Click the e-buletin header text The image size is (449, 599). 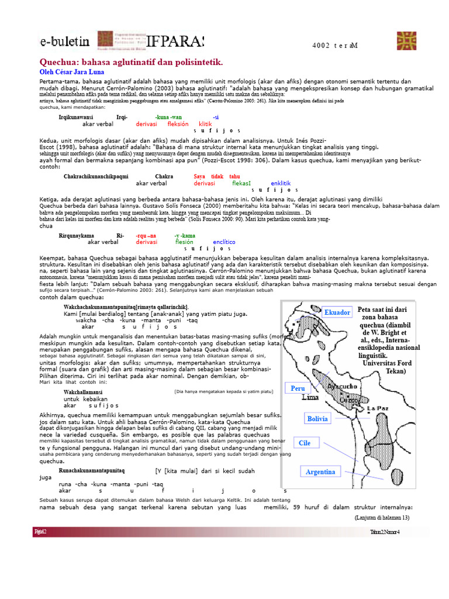(x=64, y=42)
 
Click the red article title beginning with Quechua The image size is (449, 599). (x=131, y=62)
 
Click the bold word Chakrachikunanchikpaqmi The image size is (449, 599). (x=96, y=176)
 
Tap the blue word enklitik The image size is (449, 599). (x=281, y=183)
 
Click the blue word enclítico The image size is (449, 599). (x=224, y=242)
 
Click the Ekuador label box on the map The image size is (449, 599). (x=337, y=312)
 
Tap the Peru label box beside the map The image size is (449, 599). (x=314, y=388)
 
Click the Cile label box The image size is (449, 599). (x=305, y=443)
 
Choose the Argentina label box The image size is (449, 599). (x=320, y=471)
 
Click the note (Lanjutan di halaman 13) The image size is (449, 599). (x=382, y=518)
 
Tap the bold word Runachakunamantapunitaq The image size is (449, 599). (x=96, y=470)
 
